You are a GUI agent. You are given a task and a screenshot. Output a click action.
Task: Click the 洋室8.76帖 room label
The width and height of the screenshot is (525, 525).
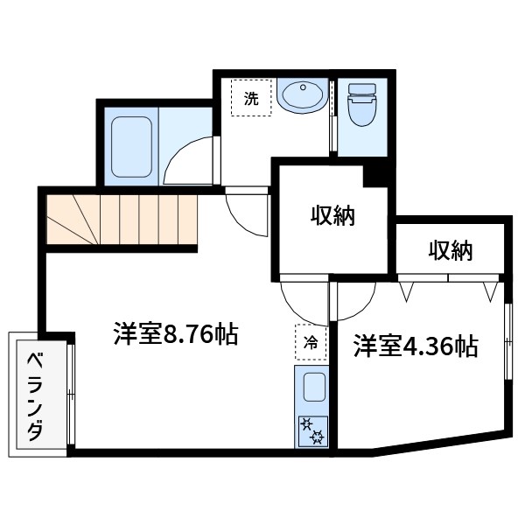pyautogui.click(x=175, y=335)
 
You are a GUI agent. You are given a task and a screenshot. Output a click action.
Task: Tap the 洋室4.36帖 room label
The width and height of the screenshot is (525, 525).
pyautogui.click(x=415, y=346)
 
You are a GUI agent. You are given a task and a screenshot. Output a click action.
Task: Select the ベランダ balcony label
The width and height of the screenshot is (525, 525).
pyautogui.click(x=36, y=396)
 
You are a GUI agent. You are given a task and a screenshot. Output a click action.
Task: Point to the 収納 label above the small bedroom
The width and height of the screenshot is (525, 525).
pyautogui.click(x=450, y=251)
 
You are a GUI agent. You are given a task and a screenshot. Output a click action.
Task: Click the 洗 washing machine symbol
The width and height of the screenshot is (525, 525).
pyautogui.click(x=251, y=99)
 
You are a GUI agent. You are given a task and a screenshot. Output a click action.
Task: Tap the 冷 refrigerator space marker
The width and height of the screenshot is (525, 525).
pyautogui.click(x=310, y=342)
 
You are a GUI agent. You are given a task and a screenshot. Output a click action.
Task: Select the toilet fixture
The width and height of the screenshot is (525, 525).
pyautogui.click(x=360, y=108)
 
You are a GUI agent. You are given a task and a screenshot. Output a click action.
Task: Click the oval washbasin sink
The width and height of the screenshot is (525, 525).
pyautogui.click(x=303, y=94)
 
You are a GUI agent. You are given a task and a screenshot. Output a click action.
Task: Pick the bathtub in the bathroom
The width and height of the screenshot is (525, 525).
pyautogui.click(x=131, y=145)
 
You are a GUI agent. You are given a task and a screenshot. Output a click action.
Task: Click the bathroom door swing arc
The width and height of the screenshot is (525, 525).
pyautogui.click(x=187, y=159)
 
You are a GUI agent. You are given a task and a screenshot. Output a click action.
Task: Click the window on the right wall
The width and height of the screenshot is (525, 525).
pyautogui.click(x=507, y=341)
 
